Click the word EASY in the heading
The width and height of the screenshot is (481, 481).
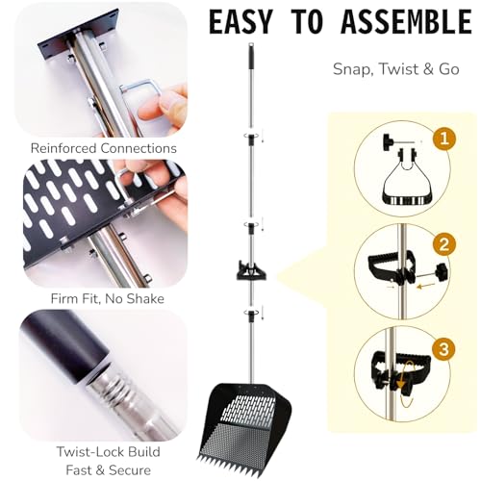tap(240, 22)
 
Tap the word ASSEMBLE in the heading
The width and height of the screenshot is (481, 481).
tap(406, 22)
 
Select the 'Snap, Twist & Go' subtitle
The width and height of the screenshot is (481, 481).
tap(396, 69)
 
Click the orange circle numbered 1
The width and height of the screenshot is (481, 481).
tap(444, 139)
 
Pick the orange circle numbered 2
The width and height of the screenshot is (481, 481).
tap(444, 244)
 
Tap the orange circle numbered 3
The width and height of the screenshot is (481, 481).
tap(444, 348)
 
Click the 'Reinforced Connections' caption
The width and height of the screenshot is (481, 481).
tap(104, 148)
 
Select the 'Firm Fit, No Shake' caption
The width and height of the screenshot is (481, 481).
tap(108, 299)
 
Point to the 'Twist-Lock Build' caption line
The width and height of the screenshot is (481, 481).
tap(109, 452)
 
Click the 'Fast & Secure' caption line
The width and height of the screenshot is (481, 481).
tap(109, 470)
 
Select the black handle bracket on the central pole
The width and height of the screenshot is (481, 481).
tap(251, 271)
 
